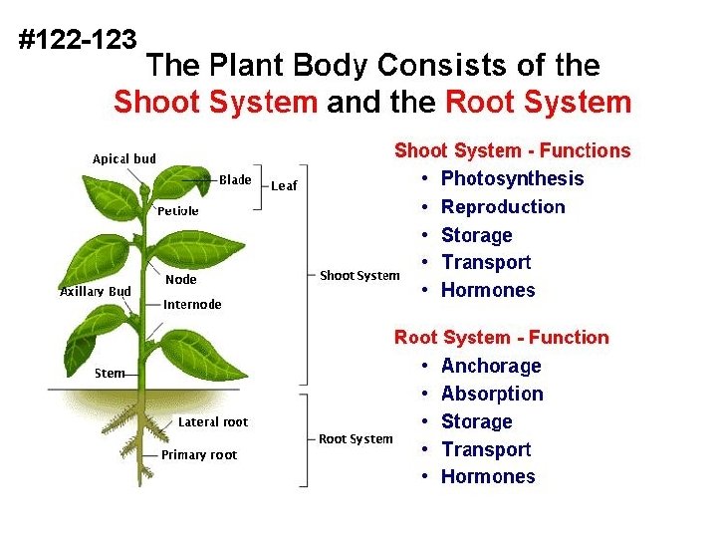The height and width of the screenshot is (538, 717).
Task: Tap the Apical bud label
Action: (123, 158)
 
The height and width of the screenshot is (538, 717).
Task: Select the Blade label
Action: (235, 179)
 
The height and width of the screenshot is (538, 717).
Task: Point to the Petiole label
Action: (178, 211)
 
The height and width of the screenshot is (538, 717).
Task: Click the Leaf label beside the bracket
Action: (284, 185)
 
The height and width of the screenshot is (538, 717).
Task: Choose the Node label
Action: (180, 280)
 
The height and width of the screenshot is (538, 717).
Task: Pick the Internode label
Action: (192, 305)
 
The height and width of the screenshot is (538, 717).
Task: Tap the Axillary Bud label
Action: (96, 291)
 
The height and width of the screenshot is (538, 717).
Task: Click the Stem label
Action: (110, 374)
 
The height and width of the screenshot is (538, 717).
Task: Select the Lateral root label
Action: (213, 422)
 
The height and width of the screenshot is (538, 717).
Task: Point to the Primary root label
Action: (199, 455)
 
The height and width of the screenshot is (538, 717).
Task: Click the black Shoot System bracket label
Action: (359, 275)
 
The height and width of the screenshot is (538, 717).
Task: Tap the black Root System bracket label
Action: (356, 438)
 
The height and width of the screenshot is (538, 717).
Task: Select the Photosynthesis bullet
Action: (512, 179)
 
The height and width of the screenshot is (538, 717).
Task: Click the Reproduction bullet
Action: (502, 207)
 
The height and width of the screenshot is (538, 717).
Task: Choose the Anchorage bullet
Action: (490, 366)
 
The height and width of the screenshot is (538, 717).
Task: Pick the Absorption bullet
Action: (492, 394)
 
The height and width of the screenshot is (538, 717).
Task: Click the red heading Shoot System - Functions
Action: (512, 151)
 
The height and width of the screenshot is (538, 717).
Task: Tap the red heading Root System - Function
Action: (501, 338)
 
